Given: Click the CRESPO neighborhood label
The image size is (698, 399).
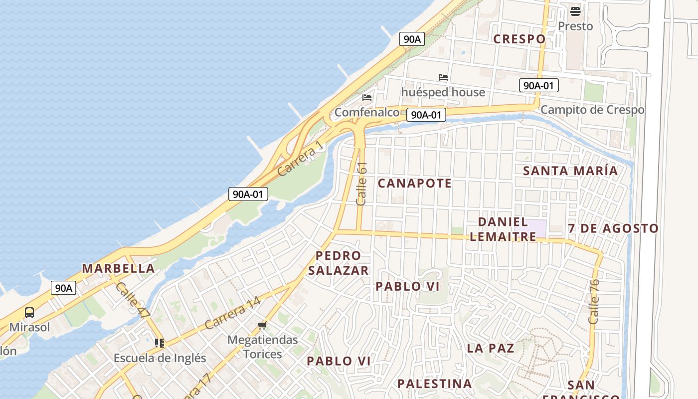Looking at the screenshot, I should click(x=519, y=39).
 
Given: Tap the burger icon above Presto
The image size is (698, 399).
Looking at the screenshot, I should click(x=575, y=11).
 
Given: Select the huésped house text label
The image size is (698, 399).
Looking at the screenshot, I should click(x=443, y=92).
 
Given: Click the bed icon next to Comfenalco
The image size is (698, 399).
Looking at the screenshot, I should click(x=367, y=98).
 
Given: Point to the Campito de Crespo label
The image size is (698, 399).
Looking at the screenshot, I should click(x=592, y=110).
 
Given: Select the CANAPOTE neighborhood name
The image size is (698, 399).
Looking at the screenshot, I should click(x=415, y=183).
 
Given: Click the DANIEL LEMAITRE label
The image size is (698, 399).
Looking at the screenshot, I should click(x=503, y=229).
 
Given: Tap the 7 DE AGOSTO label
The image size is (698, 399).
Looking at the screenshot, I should click(x=613, y=228).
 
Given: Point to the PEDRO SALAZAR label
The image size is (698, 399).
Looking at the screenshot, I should click(x=339, y=263).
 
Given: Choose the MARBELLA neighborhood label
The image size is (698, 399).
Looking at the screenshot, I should click(x=118, y=268).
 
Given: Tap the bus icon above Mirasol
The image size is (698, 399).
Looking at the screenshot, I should click(x=29, y=313).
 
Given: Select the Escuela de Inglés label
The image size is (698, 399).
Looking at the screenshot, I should click(x=160, y=358).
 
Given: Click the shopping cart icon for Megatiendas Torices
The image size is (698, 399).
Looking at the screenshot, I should click(x=262, y=326).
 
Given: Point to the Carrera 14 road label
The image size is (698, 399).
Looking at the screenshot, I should click(x=232, y=313).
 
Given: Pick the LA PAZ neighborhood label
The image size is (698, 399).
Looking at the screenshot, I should click(x=491, y=348).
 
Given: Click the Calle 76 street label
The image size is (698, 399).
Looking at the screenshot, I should click(x=594, y=301).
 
